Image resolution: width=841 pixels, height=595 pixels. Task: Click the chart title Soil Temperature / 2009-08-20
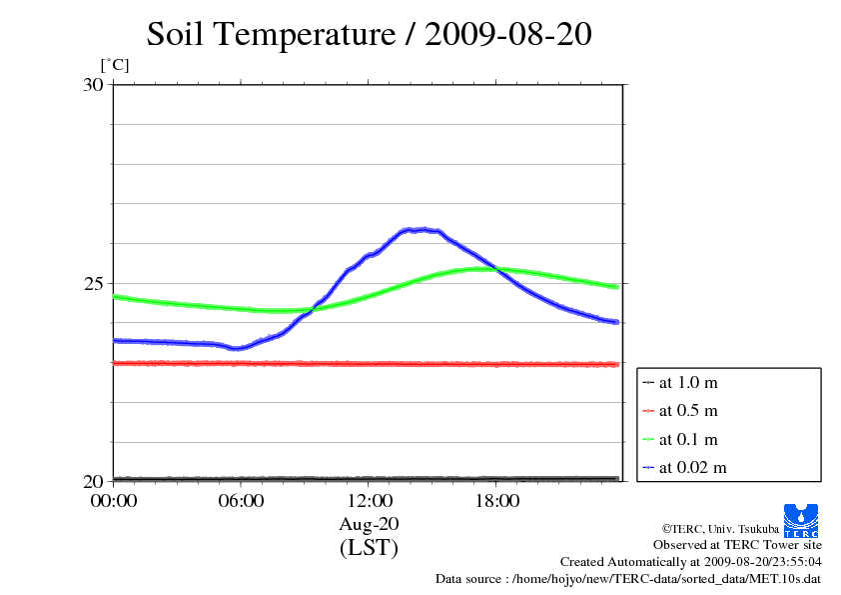[369, 35]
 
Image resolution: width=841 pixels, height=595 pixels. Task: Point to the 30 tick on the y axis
[92, 85]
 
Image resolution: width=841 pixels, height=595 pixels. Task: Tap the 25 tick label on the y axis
[92, 283]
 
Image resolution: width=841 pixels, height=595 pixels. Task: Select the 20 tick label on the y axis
[92, 481]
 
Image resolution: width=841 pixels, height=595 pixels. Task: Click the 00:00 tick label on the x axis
[113, 501]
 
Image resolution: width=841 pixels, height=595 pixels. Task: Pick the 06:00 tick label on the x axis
[241, 501]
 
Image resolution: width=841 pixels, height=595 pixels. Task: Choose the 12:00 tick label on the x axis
[369, 501]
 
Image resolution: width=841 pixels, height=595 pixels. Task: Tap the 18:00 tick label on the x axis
[496, 501]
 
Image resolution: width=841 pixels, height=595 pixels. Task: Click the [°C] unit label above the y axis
[114, 66]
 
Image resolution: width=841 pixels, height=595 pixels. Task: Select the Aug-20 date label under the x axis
[369, 524]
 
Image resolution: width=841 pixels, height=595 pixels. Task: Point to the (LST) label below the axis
[369, 548]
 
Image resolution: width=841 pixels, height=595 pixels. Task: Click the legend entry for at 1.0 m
[687, 382]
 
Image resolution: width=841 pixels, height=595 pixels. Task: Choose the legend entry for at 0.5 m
[687, 410]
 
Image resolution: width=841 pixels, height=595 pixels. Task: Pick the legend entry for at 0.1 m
[687, 439]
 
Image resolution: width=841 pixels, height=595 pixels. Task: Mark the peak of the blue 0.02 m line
[420, 229]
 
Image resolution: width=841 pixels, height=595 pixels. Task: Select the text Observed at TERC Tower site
[737, 545]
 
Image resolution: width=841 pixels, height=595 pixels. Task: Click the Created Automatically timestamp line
[690, 562]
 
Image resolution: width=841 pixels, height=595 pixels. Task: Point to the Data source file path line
[628, 579]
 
